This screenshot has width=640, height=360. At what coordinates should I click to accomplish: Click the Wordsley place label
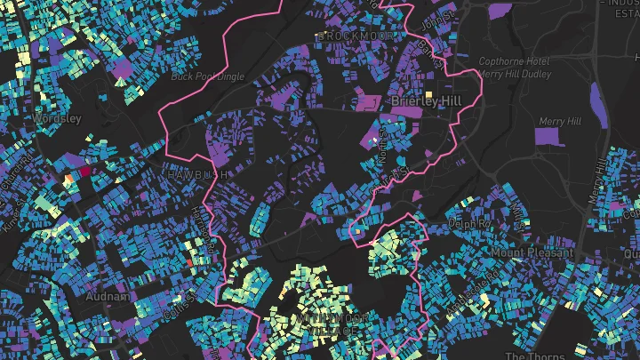(x=57, y=118)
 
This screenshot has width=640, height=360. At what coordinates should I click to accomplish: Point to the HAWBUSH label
(x=197, y=174)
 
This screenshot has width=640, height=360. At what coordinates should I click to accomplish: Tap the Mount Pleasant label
(x=532, y=252)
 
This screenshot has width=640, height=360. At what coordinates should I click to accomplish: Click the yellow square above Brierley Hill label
(x=428, y=93)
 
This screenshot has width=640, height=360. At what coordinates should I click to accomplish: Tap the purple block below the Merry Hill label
(x=548, y=137)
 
